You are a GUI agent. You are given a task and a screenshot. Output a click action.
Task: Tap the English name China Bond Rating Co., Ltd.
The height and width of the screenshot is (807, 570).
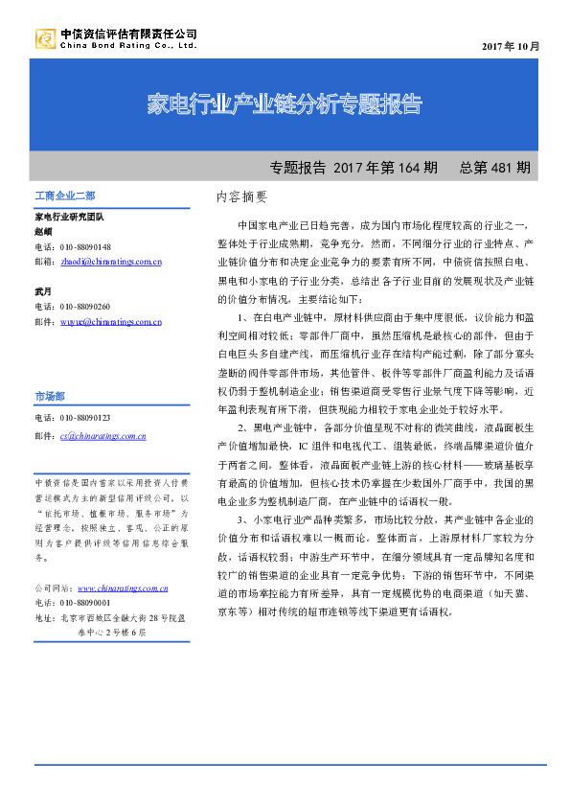pyautogui.click(x=127, y=45)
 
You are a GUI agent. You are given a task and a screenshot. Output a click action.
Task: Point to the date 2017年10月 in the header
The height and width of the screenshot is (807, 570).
pyautogui.click(x=510, y=46)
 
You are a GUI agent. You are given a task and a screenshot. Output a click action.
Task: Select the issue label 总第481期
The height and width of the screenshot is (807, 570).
pyautogui.click(x=494, y=167)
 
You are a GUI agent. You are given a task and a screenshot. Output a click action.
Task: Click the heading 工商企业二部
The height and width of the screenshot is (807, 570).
pyautogui.click(x=64, y=196)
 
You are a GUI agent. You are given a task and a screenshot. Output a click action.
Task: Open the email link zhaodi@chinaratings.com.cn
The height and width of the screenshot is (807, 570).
pyautogui.click(x=110, y=261)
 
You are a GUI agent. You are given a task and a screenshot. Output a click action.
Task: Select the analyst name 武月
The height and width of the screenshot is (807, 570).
pyautogui.click(x=44, y=290)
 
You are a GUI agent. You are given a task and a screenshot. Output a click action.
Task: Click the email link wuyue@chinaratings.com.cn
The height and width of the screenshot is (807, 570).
pyautogui.click(x=110, y=321)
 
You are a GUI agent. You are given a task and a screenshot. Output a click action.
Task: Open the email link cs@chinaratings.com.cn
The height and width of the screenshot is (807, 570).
pyautogui.click(x=103, y=436)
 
